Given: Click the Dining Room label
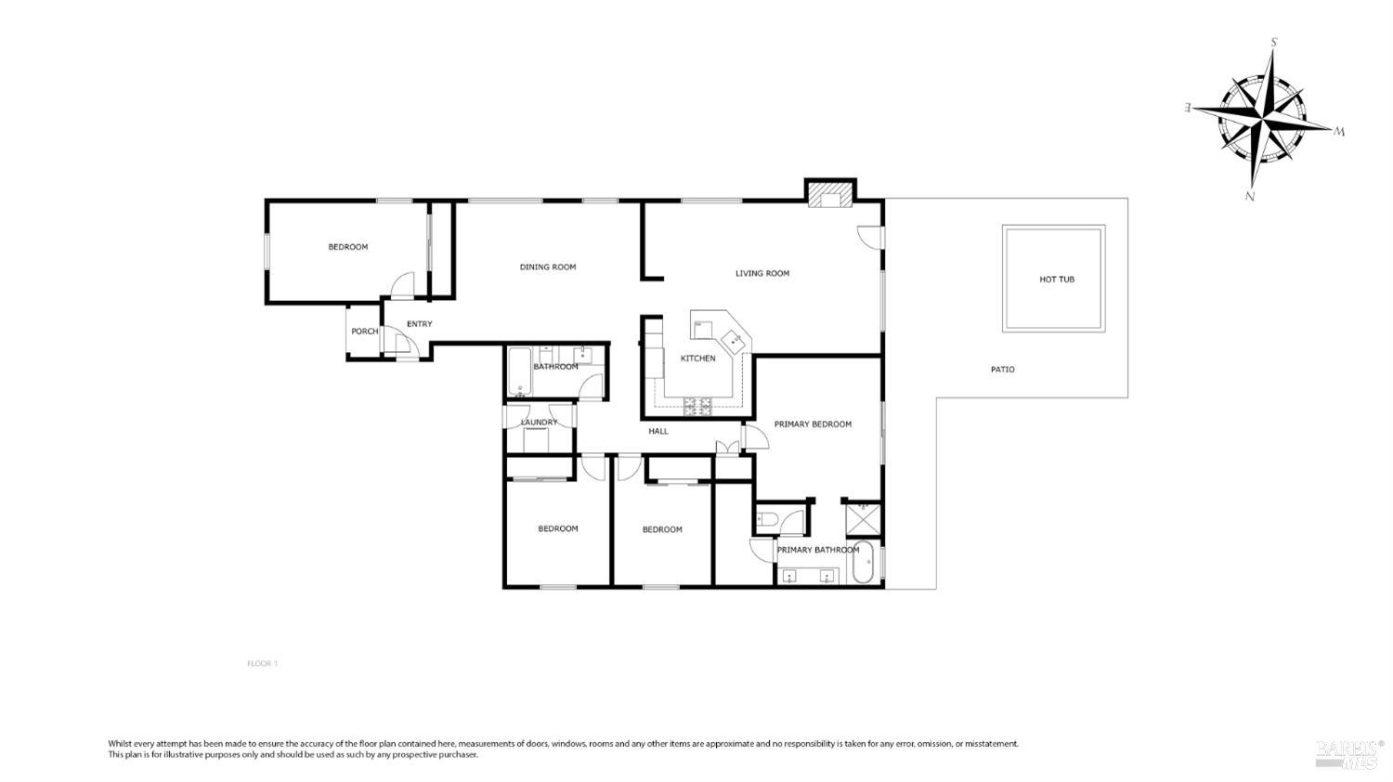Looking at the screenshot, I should [548, 267].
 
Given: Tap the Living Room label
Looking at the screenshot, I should [762, 274].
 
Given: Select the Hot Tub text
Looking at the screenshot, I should [1056, 280].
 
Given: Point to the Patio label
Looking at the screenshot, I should [1002, 370].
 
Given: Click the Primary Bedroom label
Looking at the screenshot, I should [813, 424].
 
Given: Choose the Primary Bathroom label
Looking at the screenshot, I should [817, 550].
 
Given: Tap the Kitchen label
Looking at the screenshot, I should [698, 358].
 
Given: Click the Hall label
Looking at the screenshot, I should [658, 431].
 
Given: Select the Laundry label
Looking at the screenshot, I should [540, 423].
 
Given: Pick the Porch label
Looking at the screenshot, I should [364, 332].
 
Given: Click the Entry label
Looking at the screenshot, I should [419, 324].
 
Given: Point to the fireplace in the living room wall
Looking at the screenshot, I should [829, 196].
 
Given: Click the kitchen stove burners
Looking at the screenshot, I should [697, 405].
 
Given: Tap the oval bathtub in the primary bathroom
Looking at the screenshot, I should [865, 562].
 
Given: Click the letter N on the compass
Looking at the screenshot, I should [1250, 197].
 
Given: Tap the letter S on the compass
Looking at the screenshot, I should [1274, 42].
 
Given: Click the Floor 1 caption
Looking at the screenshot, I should [262, 664].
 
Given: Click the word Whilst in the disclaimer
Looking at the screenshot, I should [121, 744].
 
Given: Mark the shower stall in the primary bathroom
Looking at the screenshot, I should [863, 517].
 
